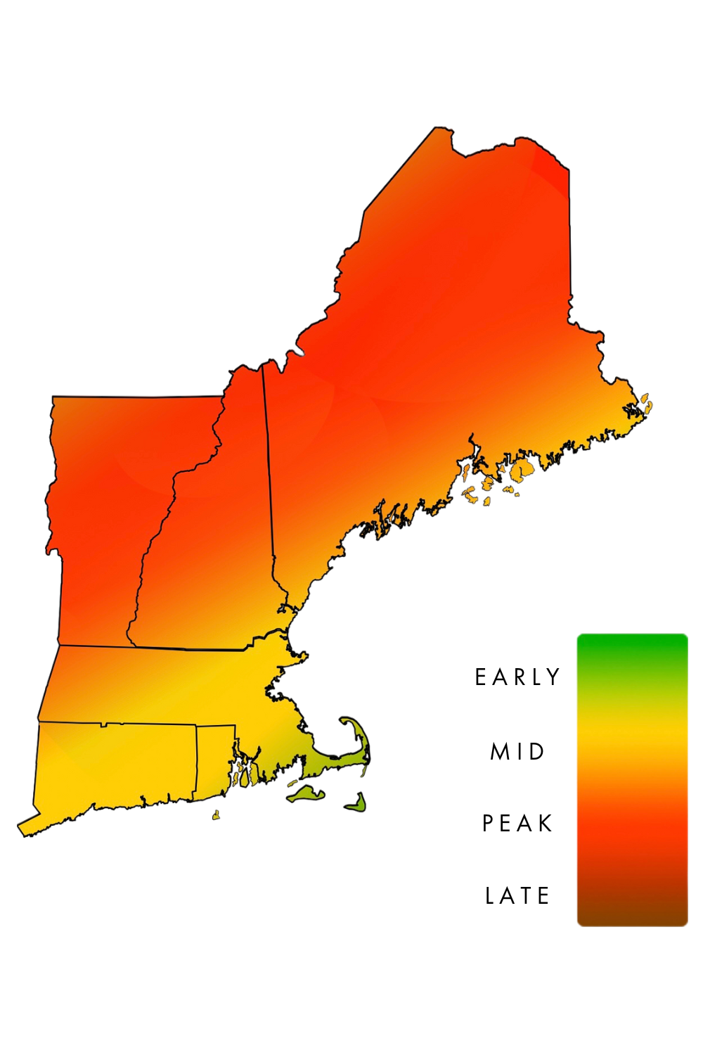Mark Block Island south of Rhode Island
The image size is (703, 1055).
click(x=216, y=816)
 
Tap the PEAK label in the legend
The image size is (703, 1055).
click(x=519, y=823)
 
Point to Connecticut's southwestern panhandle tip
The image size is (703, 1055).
click(x=25, y=824)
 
